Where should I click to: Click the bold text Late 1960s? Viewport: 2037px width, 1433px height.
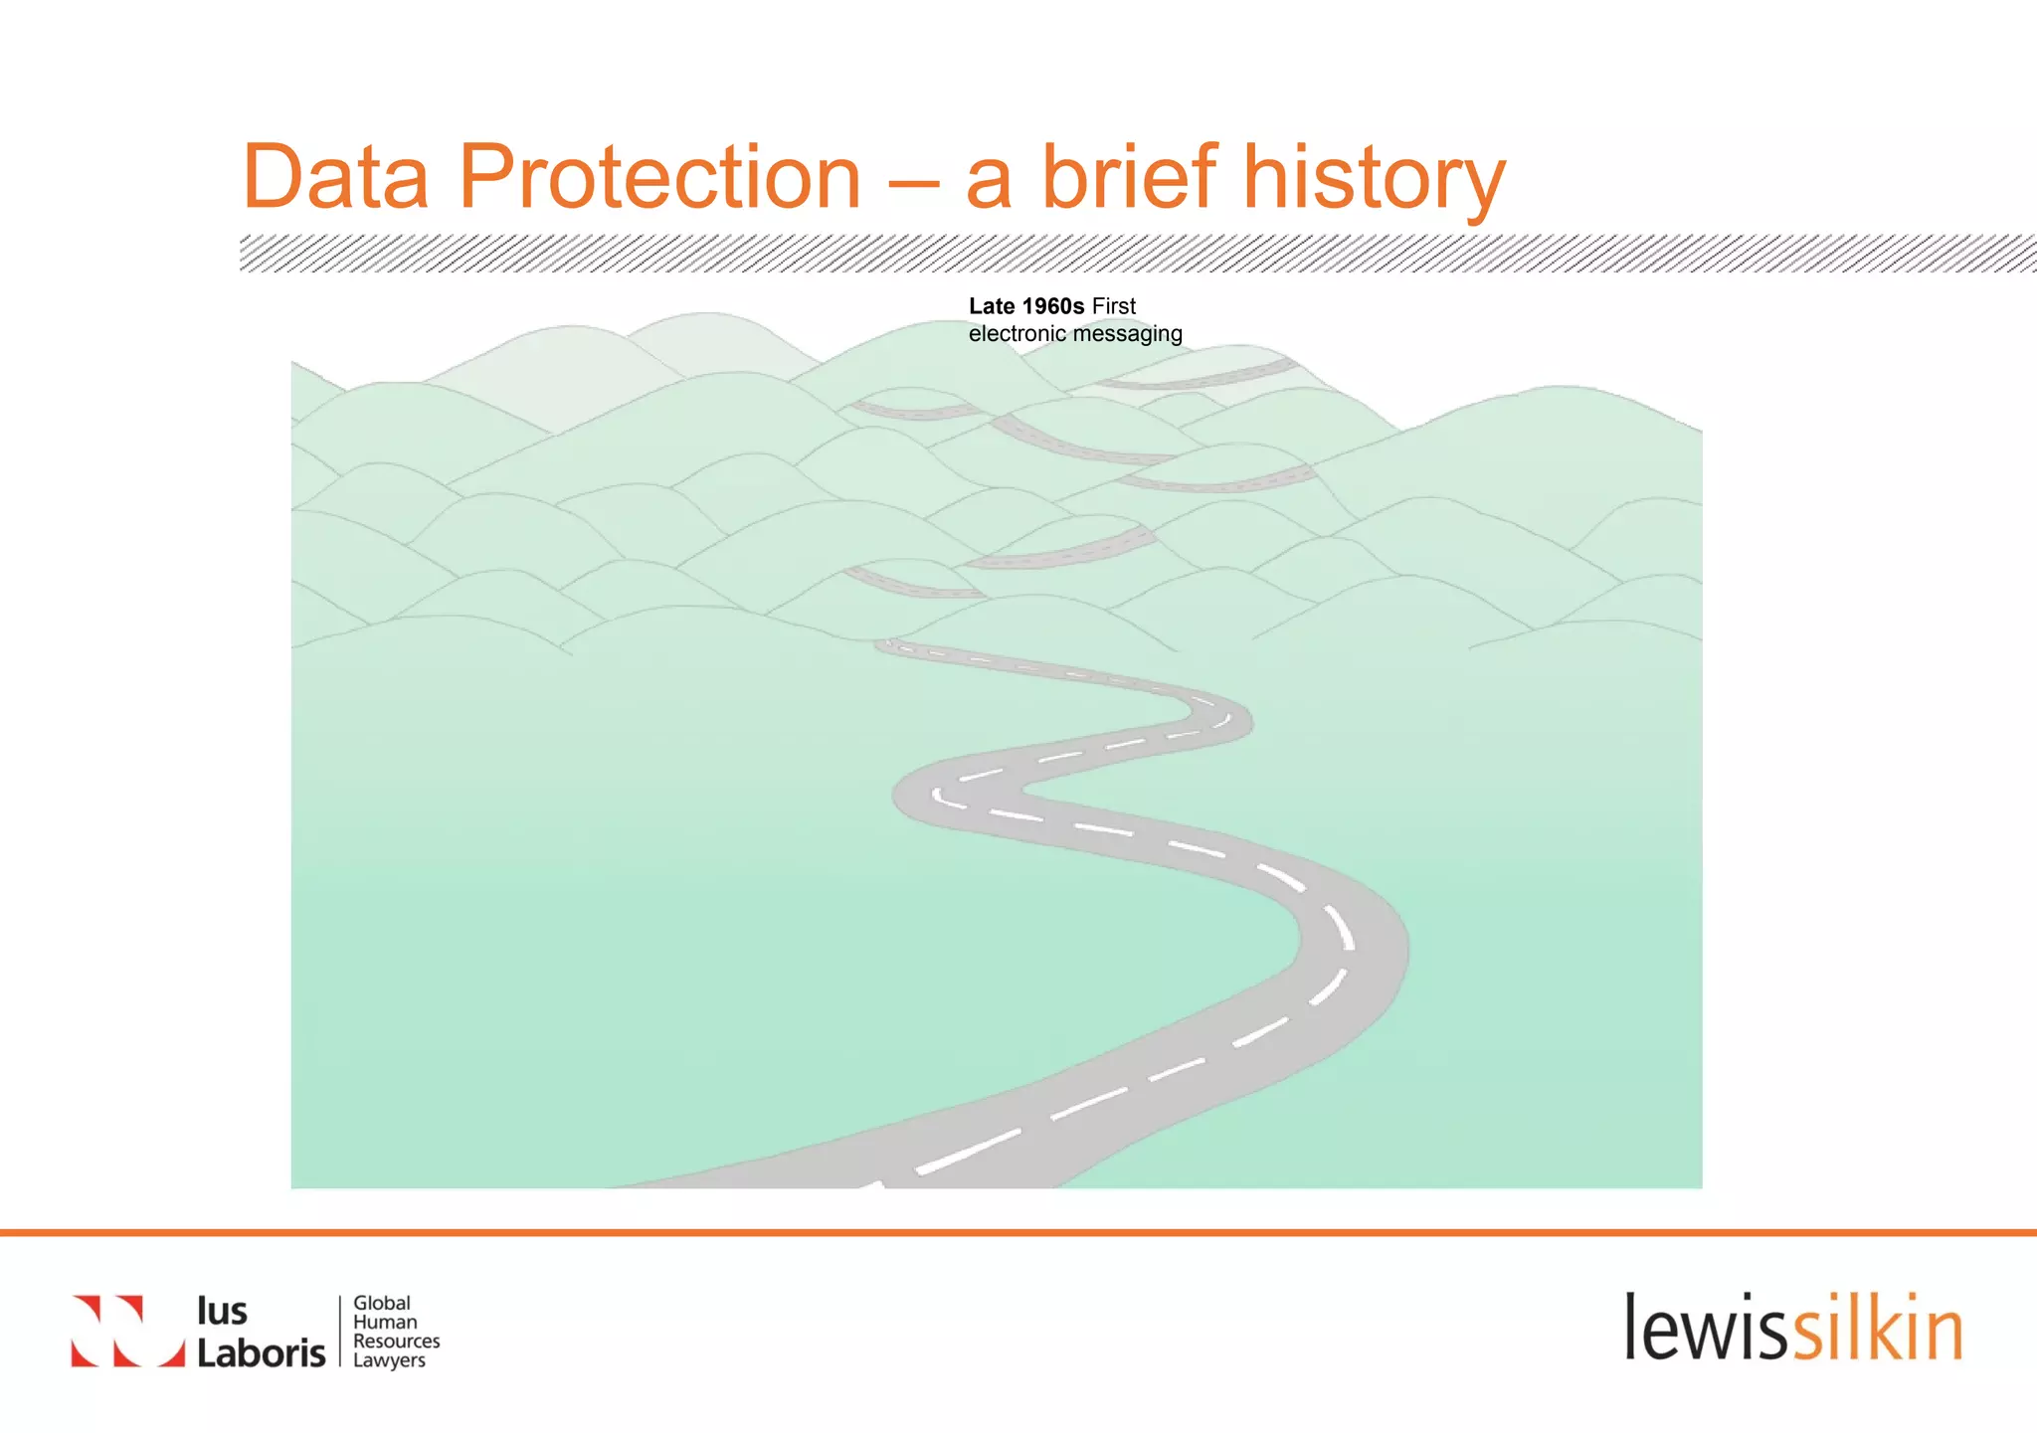(x=1025, y=306)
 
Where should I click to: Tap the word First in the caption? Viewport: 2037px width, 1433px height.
(x=1113, y=306)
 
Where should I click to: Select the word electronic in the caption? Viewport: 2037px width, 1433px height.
(x=1017, y=334)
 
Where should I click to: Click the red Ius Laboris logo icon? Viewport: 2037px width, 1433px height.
(x=127, y=1331)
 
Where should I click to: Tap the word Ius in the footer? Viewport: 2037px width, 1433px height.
(x=222, y=1311)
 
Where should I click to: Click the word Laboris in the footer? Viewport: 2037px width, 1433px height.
(x=261, y=1352)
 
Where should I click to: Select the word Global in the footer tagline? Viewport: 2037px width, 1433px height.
(x=382, y=1303)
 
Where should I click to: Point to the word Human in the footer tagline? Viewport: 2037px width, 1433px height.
(x=385, y=1322)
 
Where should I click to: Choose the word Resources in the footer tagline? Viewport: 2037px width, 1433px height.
(x=396, y=1341)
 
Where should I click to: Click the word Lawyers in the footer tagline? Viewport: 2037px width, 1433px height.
(x=389, y=1360)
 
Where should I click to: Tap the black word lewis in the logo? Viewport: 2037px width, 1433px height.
(x=1707, y=1329)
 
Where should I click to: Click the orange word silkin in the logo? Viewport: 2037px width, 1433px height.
(x=1877, y=1329)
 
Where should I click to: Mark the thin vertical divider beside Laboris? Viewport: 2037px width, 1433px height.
(x=340, y=1331)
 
